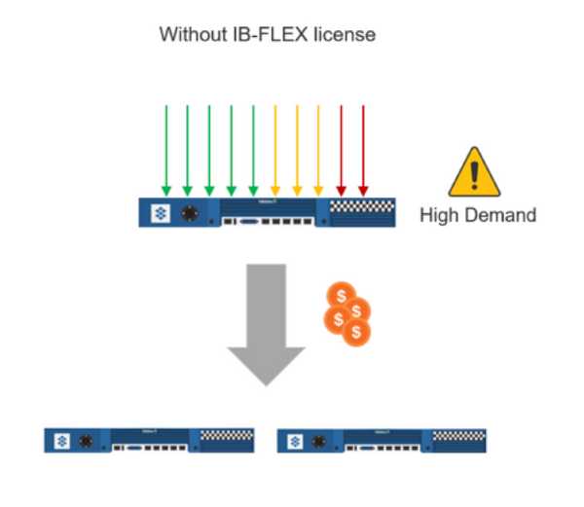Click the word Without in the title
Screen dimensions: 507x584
click(x=189, y=35)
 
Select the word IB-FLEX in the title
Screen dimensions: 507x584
click(x=257, y=35)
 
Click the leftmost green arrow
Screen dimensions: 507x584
click(x=165, y=146)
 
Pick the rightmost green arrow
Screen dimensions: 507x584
click(x=253, y=146)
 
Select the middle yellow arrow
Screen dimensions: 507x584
click(x=297, y=146)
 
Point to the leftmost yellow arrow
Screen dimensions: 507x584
click(x=275, y=146)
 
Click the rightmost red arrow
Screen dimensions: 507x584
click(x=363, y=146)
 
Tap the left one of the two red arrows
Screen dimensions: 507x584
click(x=341, y=146)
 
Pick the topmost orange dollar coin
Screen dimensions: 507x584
click(x=341, y=295)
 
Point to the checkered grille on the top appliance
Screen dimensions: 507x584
click(x=361, y=206)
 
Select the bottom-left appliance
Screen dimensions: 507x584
click(x=149, y=439)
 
